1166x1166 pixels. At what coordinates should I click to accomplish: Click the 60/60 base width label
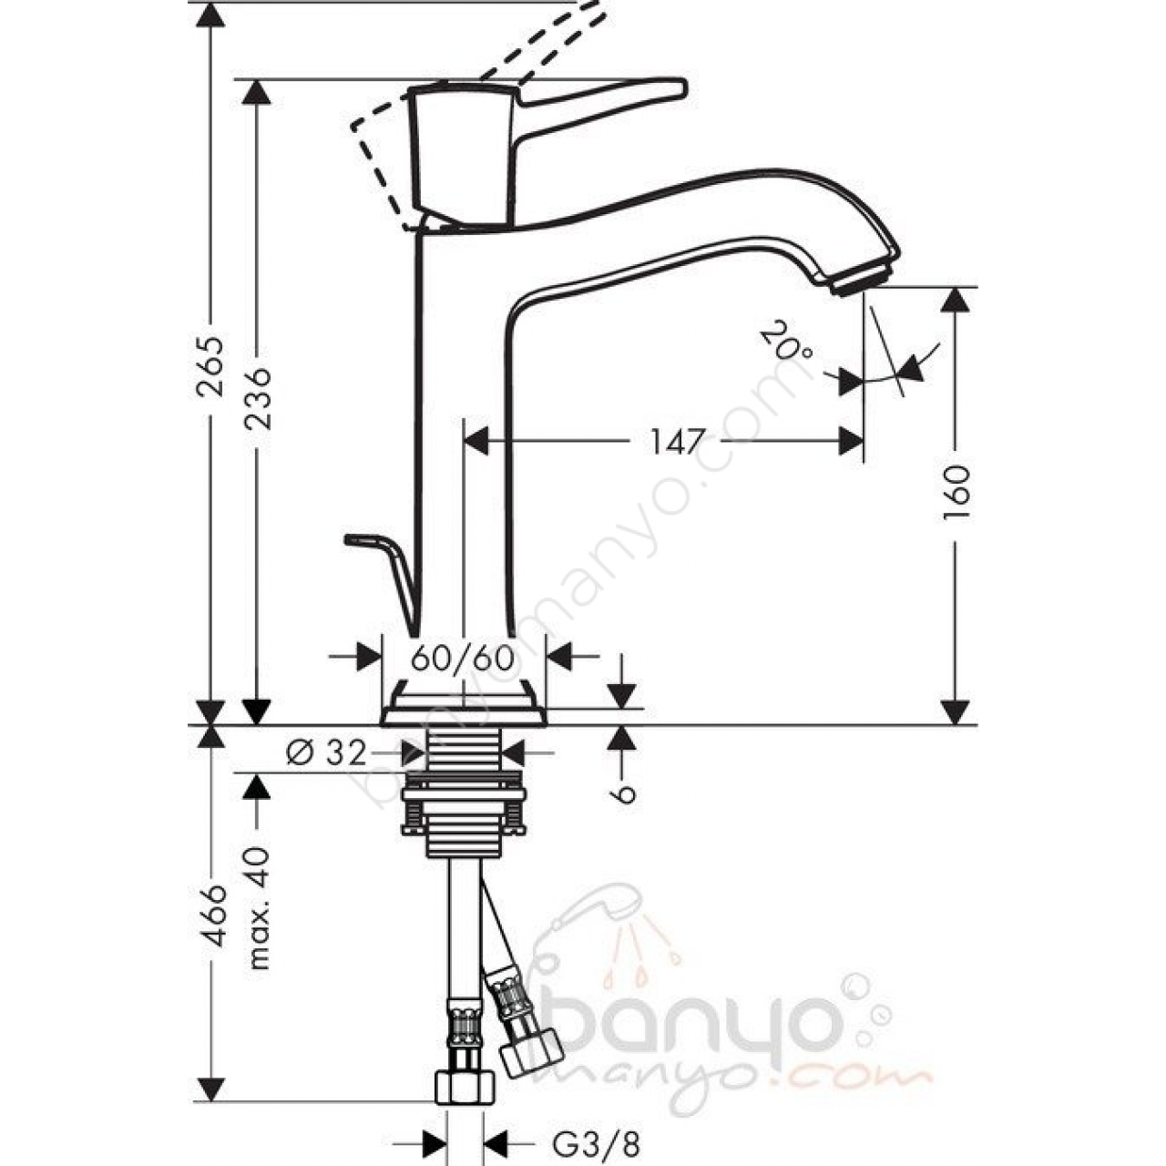click(463, 658)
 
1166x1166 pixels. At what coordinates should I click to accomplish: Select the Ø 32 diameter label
click(327, 754)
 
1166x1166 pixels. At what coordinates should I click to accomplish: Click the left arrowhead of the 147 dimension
click(476, 440)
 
